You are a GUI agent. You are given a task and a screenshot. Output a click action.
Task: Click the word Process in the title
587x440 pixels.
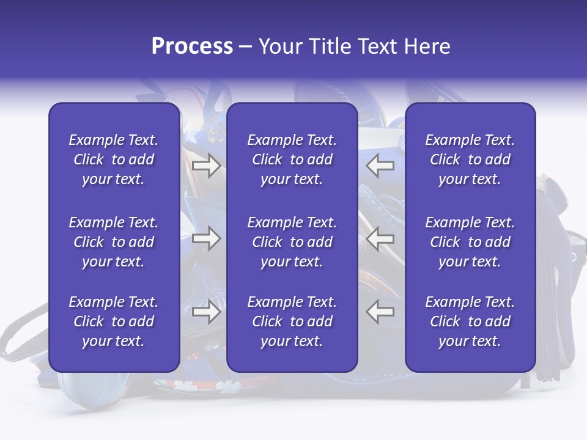coord(192,46)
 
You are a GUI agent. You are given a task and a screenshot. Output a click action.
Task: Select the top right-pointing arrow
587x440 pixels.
coord(207,166)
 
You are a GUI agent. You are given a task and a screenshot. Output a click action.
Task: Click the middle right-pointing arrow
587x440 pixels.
coord(207,239)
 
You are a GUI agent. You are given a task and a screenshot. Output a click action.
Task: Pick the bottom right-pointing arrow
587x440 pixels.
coord(207,312)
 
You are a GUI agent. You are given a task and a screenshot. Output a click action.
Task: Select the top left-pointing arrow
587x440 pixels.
coord(380,166)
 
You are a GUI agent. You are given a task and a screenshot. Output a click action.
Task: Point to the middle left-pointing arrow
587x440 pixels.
coord(380,239)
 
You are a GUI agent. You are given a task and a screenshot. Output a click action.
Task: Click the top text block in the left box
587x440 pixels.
coord(114,159)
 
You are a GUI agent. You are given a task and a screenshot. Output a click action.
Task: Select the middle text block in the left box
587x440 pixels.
coord(114,242)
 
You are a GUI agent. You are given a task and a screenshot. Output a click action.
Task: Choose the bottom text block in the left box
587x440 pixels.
coord(114,321)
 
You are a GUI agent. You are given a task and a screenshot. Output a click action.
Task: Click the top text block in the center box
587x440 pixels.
coord(292,159)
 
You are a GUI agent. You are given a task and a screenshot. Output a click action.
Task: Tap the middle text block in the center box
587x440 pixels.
coord(292,242)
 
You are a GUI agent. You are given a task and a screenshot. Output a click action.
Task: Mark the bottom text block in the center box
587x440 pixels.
coord(292,321)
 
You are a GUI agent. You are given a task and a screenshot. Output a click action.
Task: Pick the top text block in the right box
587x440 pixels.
coord(470,159)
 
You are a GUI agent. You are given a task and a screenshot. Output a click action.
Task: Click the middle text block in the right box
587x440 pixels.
coord(470,242)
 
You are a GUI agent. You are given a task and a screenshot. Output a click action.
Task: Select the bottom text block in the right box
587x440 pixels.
coord(470,321)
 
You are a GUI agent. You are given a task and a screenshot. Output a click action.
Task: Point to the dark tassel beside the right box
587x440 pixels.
coord(545,293)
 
